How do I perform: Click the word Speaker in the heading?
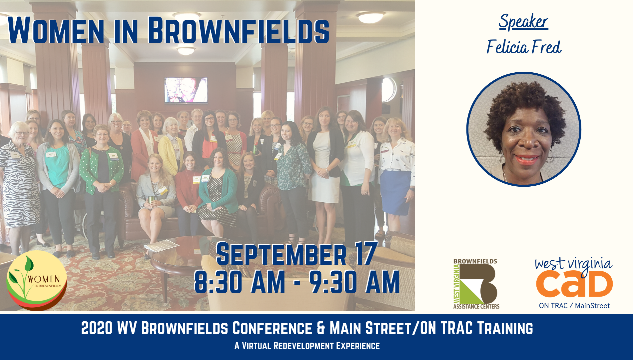[x=523, y=22]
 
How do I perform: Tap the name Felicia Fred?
[x=524, y=47]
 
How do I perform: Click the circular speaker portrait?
[x=524, y=129]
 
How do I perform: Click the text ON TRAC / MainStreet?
[x=574, y=306]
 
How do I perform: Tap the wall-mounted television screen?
[x=186, y=90]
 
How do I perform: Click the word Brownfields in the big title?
[x=239, y=31]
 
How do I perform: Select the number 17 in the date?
[x=366, y=254]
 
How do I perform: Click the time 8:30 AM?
[x=239, y=282]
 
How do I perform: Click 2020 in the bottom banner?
[x=97, y=328]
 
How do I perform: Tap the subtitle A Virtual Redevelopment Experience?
[x=307, y=346]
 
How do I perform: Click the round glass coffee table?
[x=187, y=255]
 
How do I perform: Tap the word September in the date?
[x=282, y=254]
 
